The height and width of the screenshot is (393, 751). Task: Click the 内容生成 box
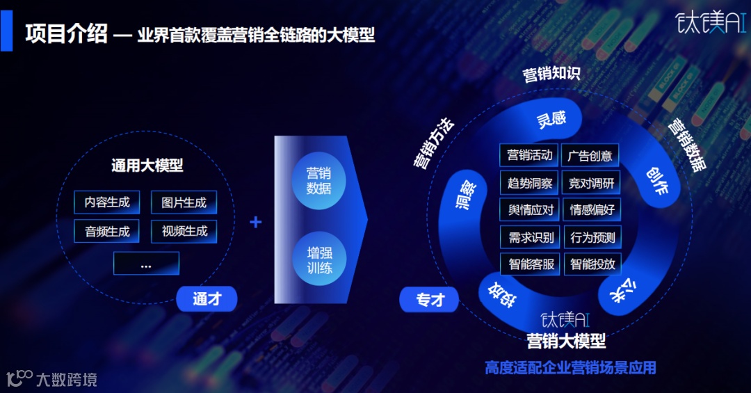click(107, 202)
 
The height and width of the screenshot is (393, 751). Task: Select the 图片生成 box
click(184, 202)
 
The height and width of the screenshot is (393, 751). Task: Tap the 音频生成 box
click(107, 232)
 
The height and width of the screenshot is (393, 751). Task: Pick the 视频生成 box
click(184, 231)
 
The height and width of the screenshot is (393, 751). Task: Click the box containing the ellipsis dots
click(146, 264)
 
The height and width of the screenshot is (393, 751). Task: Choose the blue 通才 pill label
click(207, 299)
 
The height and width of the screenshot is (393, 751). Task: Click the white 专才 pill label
click(430, 300)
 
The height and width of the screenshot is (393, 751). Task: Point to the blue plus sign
click(256, 222)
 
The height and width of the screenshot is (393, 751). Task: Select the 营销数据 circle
click(318, 181)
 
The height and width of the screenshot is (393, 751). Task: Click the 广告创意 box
click(590, 155)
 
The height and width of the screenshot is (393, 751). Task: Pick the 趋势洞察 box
click(530, 183)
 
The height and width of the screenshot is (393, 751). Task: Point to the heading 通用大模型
click(147, 166)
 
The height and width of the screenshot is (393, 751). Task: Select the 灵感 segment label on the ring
click(551, 119)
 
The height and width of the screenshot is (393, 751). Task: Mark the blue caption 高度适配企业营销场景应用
click(570, 367)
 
